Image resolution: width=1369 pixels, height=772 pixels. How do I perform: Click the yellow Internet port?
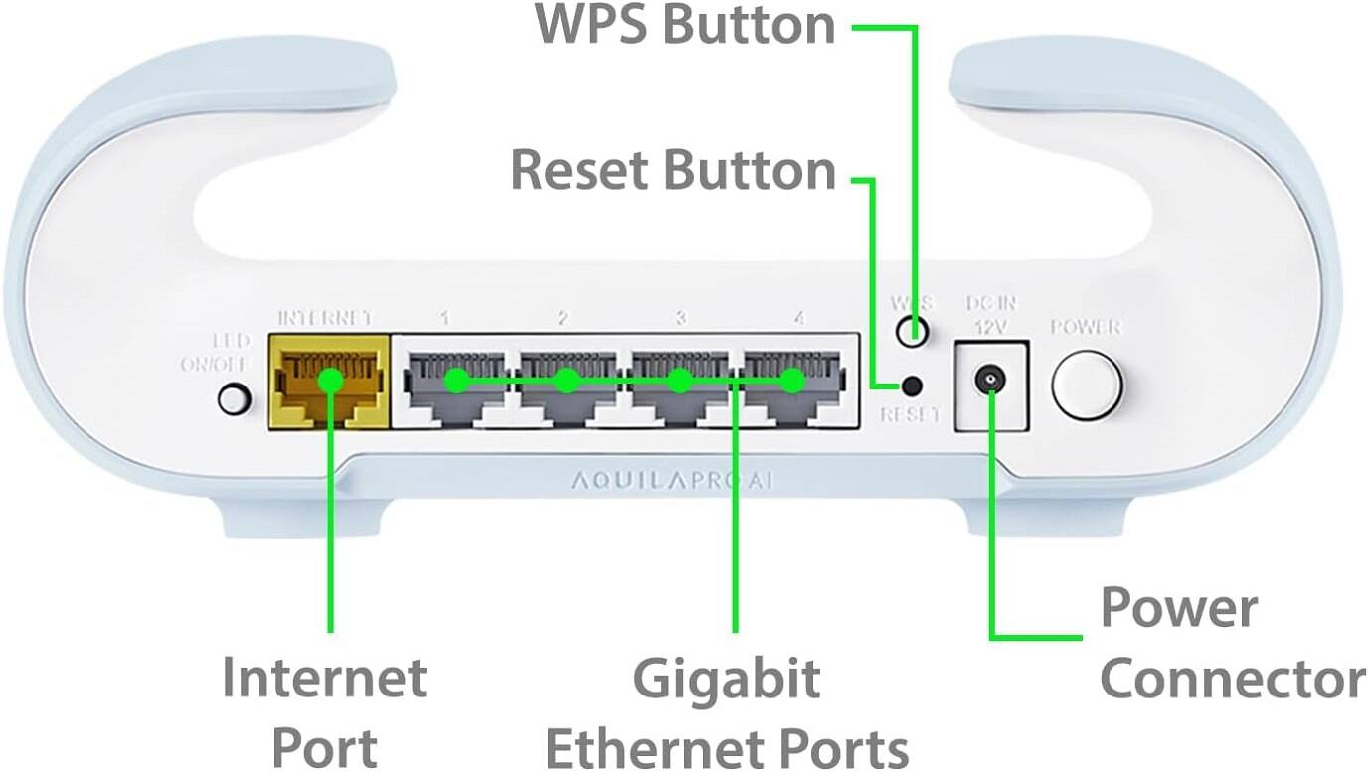[328, 382]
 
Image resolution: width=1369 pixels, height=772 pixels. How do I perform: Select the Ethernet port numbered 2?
[566, 384]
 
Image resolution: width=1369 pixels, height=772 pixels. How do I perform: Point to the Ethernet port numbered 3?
[679, 384]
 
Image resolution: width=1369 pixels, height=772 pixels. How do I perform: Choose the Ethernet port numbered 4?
[792, 384]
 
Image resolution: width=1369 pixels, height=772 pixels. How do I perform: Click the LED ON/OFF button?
[233, 398]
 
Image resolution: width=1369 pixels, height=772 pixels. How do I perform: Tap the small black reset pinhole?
[911, 385]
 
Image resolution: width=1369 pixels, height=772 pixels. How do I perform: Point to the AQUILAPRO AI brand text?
[672, 481]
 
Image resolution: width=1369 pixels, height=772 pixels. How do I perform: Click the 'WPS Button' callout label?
[685, 26]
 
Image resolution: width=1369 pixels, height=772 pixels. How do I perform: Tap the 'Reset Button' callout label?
[672, 170]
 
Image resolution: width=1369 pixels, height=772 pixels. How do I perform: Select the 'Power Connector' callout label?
[1231, 644]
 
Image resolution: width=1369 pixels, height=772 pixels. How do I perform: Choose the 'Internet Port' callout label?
[324, 712]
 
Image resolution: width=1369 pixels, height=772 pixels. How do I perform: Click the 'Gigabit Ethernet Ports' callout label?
[727, 713]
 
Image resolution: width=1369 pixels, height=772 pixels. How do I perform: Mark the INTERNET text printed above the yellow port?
[325, 318]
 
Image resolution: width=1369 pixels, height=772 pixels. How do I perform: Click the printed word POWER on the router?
[1087, 327]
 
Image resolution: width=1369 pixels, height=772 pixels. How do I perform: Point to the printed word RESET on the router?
[910, 415]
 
